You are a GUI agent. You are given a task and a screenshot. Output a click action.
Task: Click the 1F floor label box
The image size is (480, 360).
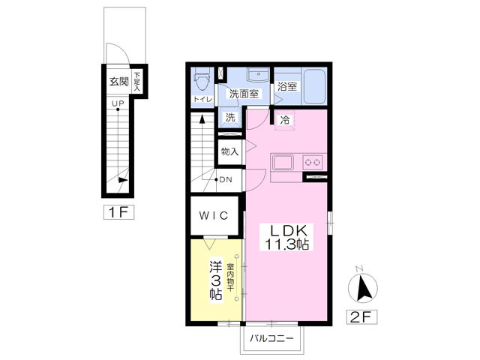(118, 211)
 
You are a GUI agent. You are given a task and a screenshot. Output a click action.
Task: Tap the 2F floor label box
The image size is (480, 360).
(361, 316)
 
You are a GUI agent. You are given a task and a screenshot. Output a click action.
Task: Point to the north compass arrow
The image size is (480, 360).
(364, 288)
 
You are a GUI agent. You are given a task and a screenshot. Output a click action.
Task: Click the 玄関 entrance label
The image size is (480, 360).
(119, 82)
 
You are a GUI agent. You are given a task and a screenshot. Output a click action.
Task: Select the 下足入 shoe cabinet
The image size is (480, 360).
(136, 82)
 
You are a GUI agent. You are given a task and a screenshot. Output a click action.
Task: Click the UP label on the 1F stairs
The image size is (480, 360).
(118, 103)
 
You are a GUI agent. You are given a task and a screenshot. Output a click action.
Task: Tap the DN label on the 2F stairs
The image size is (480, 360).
(226, 180)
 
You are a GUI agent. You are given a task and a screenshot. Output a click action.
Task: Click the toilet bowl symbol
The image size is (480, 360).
(202, 79)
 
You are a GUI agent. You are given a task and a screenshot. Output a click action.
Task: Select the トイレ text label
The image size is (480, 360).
(202, 99)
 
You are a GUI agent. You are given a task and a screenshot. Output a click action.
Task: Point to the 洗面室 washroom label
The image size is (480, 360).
(244, 94)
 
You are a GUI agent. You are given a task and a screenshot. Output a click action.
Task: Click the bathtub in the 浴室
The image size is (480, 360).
(313, 86)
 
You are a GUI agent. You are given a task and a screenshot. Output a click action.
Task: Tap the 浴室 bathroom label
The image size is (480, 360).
(286, 86)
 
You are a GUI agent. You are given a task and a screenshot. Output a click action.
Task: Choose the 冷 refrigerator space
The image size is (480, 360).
(285, 120)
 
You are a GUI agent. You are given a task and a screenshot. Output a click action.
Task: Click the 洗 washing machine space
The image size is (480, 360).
(230, 117)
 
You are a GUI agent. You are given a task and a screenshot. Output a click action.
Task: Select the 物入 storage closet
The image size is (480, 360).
(230, 151)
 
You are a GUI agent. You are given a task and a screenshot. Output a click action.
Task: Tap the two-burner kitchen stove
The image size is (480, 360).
(313, 162)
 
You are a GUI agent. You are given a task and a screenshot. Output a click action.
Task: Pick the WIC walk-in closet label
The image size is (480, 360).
(214, 215)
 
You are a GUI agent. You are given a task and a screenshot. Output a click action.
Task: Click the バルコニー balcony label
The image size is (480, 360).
(271, 338)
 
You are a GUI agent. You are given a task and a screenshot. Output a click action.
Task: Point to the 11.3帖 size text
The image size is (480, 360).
(286, 244)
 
